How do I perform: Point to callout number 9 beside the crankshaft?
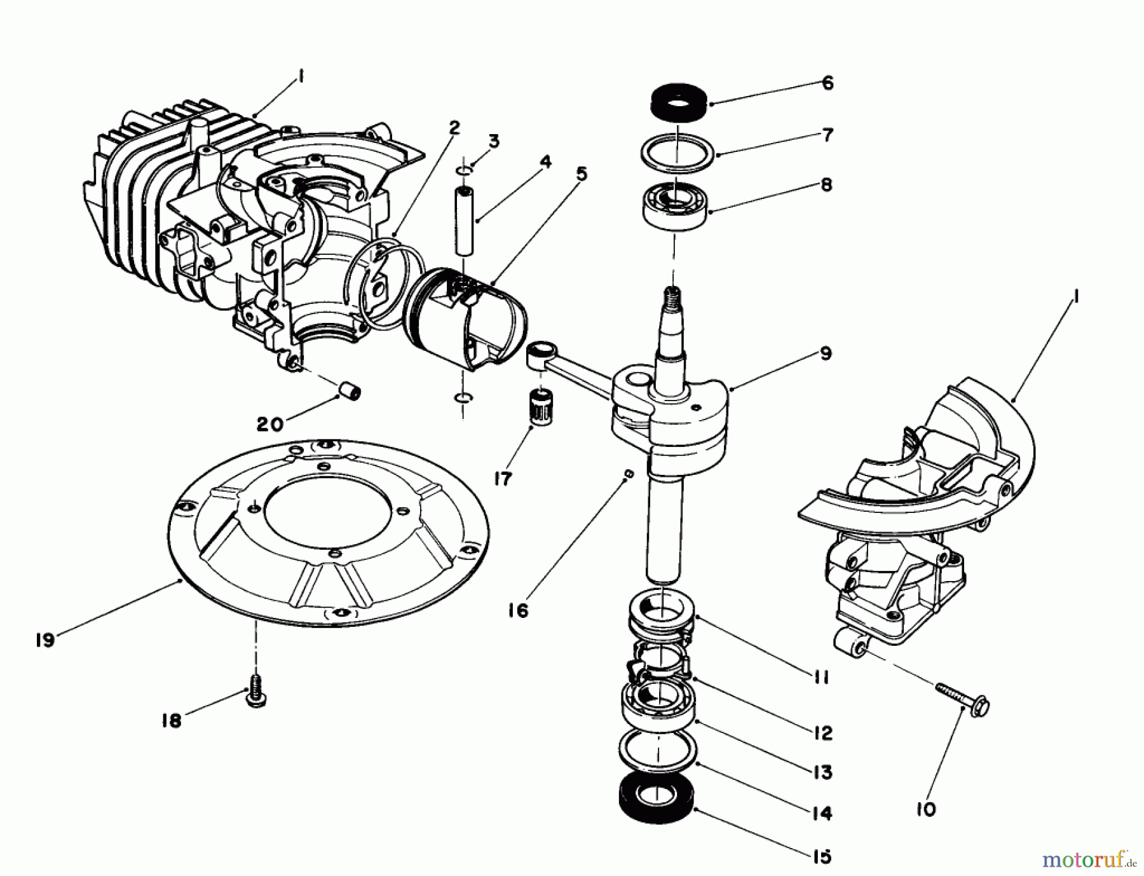pos(826,353)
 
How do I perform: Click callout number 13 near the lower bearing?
pos(822,772)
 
